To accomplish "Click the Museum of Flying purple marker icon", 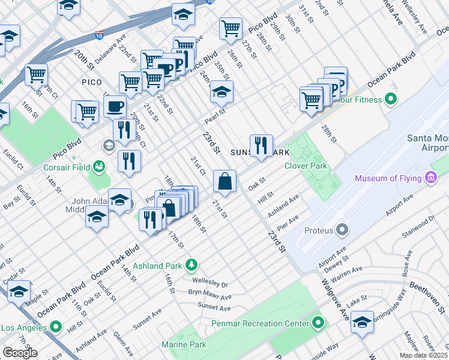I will tap(430, 178).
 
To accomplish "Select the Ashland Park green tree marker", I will tap(191, 265).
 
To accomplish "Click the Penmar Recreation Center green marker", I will tap(319, 324).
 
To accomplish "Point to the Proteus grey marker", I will tap(343, 229).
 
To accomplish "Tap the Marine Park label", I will tap(184, 344).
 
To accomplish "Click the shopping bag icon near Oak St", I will tap(224, 181).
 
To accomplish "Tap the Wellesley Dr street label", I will tap(210, 281).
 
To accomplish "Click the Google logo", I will tap(20, 353).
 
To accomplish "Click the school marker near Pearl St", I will tap(221, 92).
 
